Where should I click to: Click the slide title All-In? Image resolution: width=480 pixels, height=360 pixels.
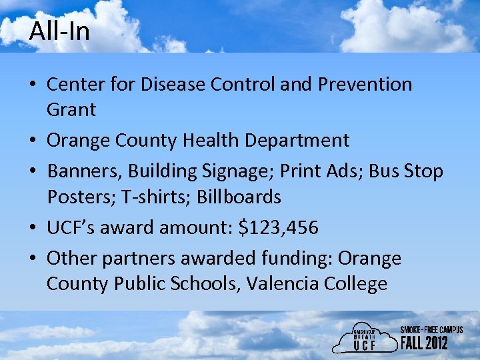tap(59, 31)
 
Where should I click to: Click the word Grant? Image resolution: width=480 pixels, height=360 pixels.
tap(71, 109)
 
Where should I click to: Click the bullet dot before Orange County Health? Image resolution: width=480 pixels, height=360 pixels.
tap(33, 141)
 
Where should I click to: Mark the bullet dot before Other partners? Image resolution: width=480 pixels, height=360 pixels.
tap(33, 259)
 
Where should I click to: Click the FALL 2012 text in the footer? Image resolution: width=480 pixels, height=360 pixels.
tap(424, 343)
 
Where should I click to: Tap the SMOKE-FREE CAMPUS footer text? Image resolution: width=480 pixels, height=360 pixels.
tap(431, 330)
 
